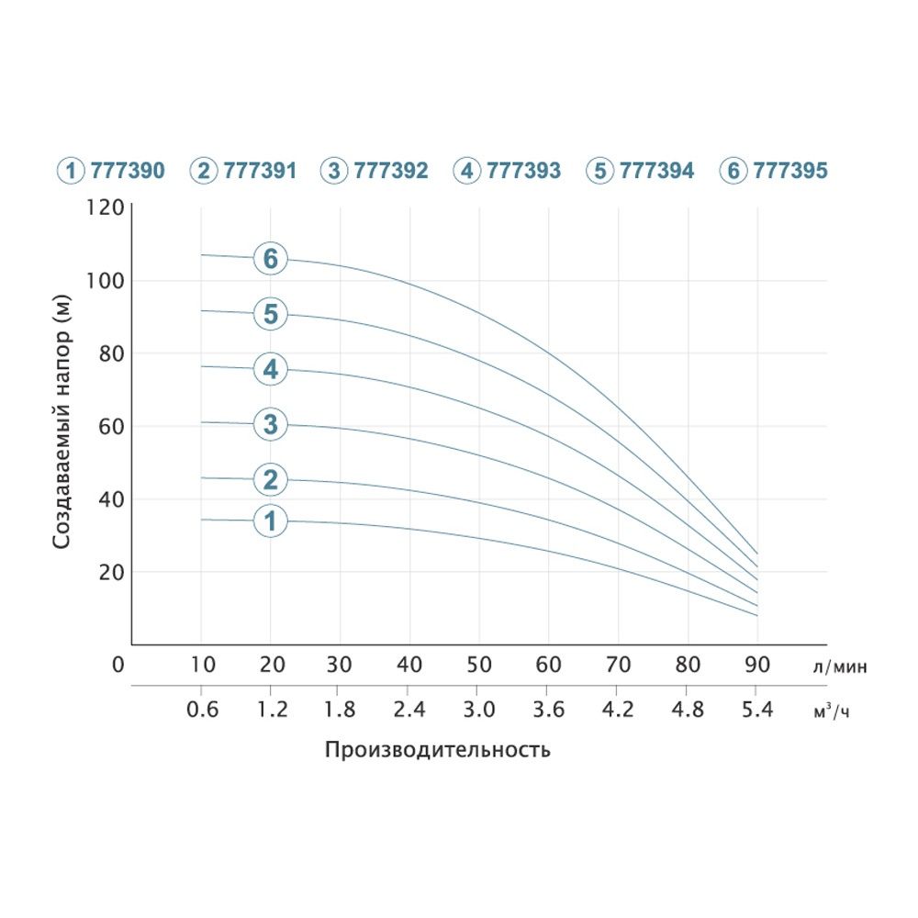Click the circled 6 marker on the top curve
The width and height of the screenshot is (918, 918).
coord(270,260)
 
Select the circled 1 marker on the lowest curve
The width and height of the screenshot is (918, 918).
coord(270,521)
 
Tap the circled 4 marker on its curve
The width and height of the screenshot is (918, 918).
coord(270,370)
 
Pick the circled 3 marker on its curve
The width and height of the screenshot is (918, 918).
coord(270,424)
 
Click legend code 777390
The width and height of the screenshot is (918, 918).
coord(128,171)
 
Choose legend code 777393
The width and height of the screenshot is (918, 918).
coord(523,171)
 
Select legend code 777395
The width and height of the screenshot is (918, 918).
coord(789,171)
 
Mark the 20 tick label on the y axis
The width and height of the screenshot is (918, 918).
coord(110,572)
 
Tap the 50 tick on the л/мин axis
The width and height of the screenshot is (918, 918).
coord(478,665)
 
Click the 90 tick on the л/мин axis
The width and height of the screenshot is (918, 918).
coord(756,665)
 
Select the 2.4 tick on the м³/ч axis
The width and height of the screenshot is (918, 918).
coord(409,710)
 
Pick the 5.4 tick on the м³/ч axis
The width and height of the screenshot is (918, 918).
coord(756,710)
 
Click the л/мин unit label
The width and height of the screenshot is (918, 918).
coord(839,667)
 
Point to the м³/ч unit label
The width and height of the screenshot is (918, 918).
coord(832,711)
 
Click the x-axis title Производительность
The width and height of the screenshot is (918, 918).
coord(438,750)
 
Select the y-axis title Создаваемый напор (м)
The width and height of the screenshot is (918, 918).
coord(62,421)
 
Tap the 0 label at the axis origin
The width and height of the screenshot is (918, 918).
coord(117,665)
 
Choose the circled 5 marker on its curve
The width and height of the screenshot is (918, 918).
coord(270,315)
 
